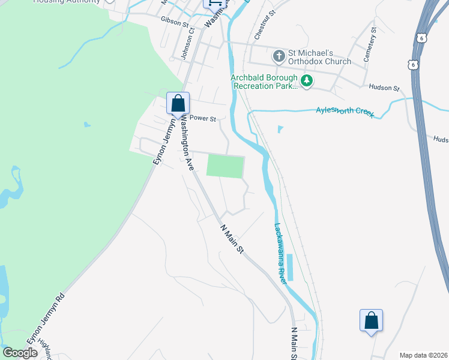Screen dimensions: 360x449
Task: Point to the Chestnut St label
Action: (x=264, y=25)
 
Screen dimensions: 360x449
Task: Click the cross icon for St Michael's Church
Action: (x=279, y=56)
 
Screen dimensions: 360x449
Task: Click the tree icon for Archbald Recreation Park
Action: (x=307, y=81)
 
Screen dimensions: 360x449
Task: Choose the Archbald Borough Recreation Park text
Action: (x=265, y=81)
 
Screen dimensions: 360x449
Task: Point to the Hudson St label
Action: (x=384, y=88)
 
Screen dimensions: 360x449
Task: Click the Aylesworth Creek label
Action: (x=345, y=112)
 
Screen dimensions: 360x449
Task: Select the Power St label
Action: (x=202, y=119)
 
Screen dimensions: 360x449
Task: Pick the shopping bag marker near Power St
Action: (x=178, y=103)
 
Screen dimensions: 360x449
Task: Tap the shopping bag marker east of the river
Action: (x=371, y=320)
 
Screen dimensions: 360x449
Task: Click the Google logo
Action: (x=20, y=353)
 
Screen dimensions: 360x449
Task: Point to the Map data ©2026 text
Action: (x=423, y=355)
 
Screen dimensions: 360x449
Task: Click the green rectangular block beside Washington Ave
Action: (x=226, y=166)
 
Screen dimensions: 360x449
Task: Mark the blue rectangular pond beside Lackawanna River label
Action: (x=291, y=268)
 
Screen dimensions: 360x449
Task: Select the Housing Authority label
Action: (x=67, y=2)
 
